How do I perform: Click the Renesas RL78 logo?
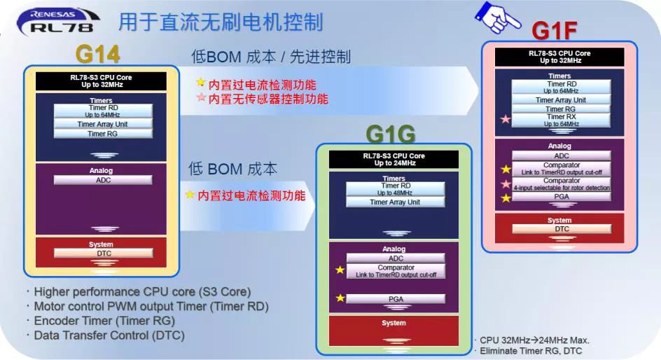(x=57, y=21)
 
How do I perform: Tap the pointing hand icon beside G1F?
(x=496, y=18)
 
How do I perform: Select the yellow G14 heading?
(x=98, y=54)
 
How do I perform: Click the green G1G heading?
(x=390, y=134)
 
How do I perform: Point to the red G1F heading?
(x=554, y=30)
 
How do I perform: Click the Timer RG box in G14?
(x=103, y=134)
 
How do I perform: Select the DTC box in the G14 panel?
(x=104, y=254)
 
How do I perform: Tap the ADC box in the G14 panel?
(x=103, y=180)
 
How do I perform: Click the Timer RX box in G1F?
(x=561, y=120)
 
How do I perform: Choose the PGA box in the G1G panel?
(x=396, y=299)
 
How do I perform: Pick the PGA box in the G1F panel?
(x=561, y=197)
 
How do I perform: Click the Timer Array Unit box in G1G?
(x=395, y=202)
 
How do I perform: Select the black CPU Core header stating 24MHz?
(x=394, y=160)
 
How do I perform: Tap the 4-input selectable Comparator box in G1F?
(x=561, y=184)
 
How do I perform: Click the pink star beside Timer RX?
(x=505, y=119)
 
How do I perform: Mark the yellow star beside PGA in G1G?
(x=340, y=298)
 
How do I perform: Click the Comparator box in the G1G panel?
(x=396, y=271)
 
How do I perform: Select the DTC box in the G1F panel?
(x=562, y=229)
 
